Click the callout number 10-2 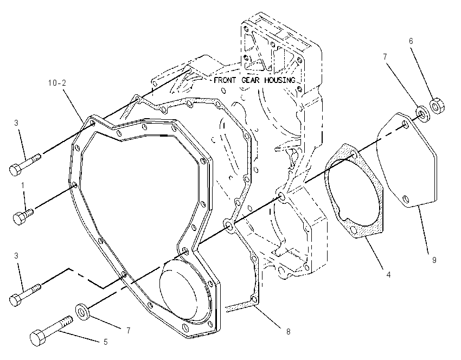57,83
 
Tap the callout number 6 411,41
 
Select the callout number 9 434,260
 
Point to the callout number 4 388,275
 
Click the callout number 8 288,331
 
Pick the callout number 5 106,342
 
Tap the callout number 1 23,185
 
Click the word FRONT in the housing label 225,80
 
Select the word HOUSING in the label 280,80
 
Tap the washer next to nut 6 423,114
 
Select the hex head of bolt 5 38,338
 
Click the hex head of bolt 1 18,218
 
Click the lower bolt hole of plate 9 406,199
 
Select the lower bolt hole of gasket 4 354,229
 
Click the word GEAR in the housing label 251,80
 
